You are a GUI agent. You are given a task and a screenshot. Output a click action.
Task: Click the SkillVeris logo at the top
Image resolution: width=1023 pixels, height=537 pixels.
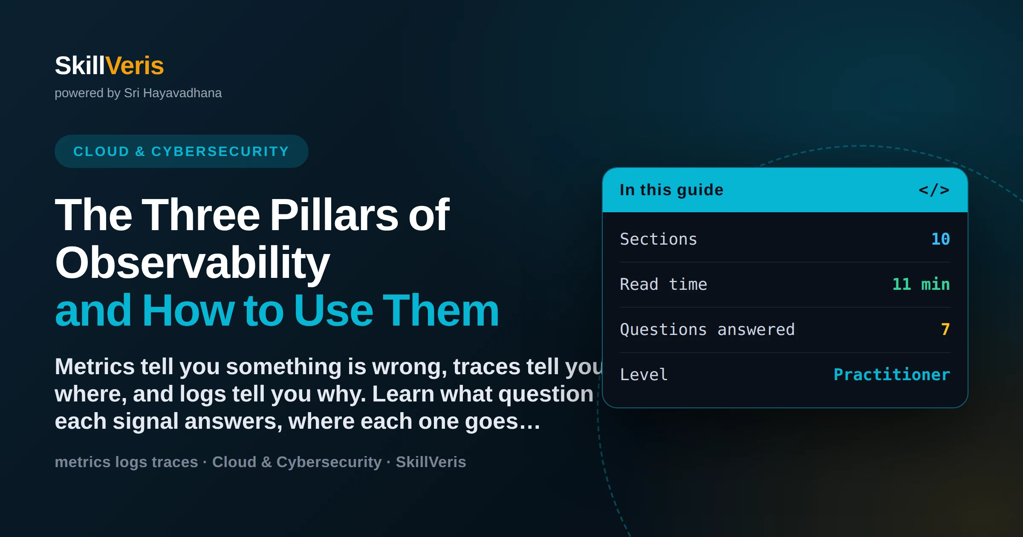109,66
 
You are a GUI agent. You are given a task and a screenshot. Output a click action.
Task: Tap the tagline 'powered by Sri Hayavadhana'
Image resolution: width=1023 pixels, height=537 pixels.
138,93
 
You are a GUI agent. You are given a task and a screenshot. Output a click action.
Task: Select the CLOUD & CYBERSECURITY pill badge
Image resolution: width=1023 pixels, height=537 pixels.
181,151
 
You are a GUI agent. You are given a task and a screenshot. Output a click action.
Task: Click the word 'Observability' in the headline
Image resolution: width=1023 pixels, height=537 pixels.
192,263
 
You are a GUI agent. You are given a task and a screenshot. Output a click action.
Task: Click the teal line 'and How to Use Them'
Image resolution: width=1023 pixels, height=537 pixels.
277,310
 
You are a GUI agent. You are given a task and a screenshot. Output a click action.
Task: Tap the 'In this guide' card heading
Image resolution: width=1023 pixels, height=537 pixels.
671,190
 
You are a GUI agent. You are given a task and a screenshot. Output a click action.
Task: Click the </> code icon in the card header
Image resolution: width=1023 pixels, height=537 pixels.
934,190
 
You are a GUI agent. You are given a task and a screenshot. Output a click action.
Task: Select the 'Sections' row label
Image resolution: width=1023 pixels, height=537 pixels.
658,239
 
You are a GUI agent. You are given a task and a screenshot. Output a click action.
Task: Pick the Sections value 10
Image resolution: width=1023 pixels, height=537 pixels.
941,239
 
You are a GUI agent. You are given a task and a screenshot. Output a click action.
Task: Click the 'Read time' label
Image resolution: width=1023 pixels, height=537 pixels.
663,284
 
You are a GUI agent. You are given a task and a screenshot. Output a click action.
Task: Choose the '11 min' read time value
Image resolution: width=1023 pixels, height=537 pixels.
921,284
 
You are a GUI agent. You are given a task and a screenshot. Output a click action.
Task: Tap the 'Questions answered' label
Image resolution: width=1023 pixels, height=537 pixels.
707,329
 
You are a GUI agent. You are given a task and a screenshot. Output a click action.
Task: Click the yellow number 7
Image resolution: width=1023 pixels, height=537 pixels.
945,329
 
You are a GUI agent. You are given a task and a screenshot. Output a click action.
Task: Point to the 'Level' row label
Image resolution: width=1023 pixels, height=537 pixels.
644,375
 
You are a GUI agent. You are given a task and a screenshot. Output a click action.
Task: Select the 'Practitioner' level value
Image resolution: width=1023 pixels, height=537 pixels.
892,375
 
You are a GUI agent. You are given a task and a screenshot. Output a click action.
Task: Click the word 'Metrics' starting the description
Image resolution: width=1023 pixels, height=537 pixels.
95,367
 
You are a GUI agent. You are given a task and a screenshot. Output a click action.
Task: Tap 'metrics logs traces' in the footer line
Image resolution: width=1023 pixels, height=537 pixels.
126,462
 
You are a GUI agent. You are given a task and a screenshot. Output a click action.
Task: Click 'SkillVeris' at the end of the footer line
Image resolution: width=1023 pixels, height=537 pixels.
431,462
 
